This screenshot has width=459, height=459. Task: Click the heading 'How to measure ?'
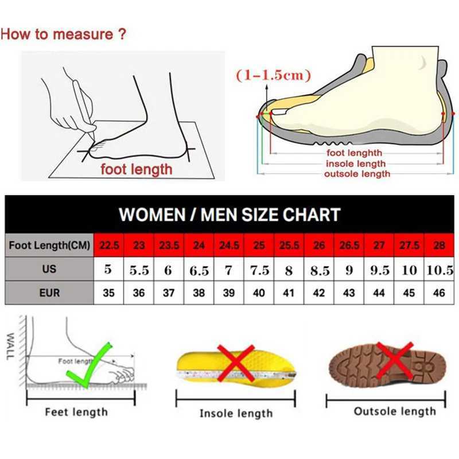(63, 34)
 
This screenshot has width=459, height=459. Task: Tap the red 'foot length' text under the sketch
(136, 169)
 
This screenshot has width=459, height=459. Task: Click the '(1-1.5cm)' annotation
(273, 75)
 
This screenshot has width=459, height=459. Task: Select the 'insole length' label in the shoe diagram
(356, 164)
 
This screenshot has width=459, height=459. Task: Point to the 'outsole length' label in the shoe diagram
(357, 174)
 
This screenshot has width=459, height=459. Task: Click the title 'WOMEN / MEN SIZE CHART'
(229, 215)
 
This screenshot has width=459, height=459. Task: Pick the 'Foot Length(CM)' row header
(50, 246)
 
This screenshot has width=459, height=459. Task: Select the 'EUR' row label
(50, 293)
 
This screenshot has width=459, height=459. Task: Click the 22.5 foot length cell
(108, 246)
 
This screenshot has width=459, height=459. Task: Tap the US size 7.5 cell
(259, 270)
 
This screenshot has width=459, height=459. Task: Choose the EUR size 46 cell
(439, 293)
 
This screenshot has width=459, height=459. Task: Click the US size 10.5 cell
(439, 270)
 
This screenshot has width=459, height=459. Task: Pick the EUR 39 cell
(229, 293)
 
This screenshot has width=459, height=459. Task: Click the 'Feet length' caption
(76, 411)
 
